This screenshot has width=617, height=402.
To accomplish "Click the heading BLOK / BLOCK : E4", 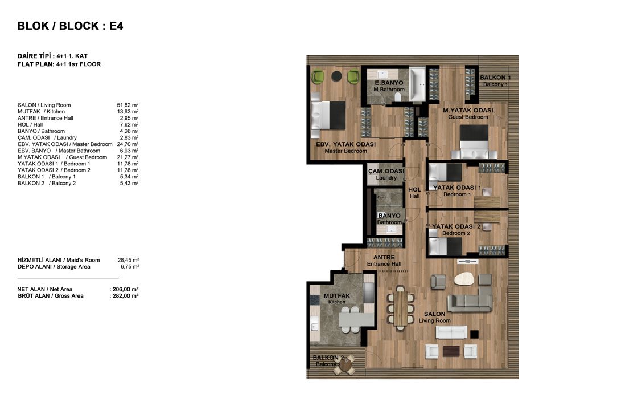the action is coord(70,26).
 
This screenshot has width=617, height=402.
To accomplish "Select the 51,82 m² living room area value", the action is coord(127,105).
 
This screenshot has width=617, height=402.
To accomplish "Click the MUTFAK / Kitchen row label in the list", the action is coord(42,112).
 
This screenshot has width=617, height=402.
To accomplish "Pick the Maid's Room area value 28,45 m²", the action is coord(128,260).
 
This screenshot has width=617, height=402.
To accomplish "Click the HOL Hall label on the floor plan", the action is coord(415,193).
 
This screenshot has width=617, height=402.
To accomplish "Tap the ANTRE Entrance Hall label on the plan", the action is coord(384,261).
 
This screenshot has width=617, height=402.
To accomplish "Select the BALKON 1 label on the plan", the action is coord(495,81).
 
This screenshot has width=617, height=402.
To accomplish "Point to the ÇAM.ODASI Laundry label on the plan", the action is coord(386,174).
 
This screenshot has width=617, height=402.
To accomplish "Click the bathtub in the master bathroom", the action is coord(417,84).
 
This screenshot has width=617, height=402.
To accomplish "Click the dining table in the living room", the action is coord(401,308).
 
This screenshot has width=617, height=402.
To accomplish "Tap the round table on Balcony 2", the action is coord(346,366).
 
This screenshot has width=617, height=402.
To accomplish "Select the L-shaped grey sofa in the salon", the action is coord(470,299).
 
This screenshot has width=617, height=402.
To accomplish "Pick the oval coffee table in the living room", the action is coord(465,279).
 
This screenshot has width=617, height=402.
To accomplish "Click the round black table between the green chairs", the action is coord(336,76).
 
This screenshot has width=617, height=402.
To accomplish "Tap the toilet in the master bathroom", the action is coord(397,97).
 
